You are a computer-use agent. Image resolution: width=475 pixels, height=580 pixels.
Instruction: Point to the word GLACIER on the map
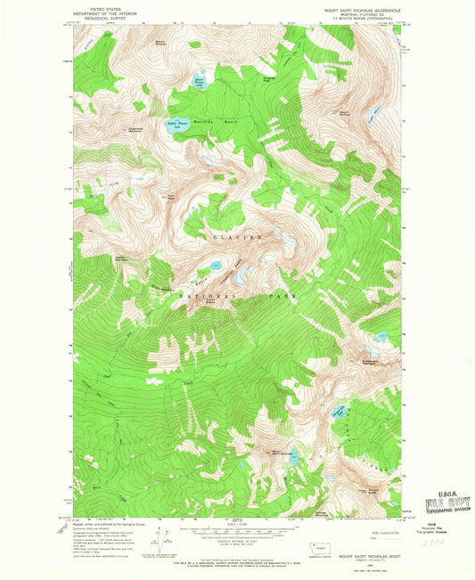pos(237,238)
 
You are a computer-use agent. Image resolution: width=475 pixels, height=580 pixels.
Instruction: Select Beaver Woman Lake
pos(200,84)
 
